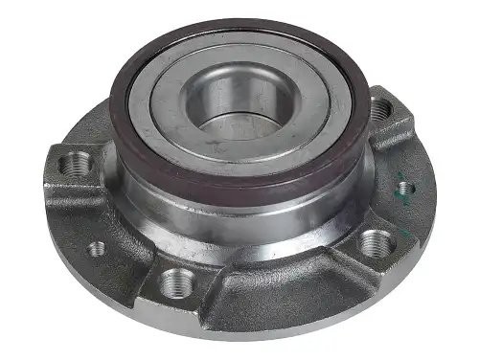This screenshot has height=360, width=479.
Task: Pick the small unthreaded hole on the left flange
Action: tap(97, 248)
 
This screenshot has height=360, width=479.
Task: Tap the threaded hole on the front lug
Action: tap(177, 281)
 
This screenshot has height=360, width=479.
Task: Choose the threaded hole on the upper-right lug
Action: tap(380, 110)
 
